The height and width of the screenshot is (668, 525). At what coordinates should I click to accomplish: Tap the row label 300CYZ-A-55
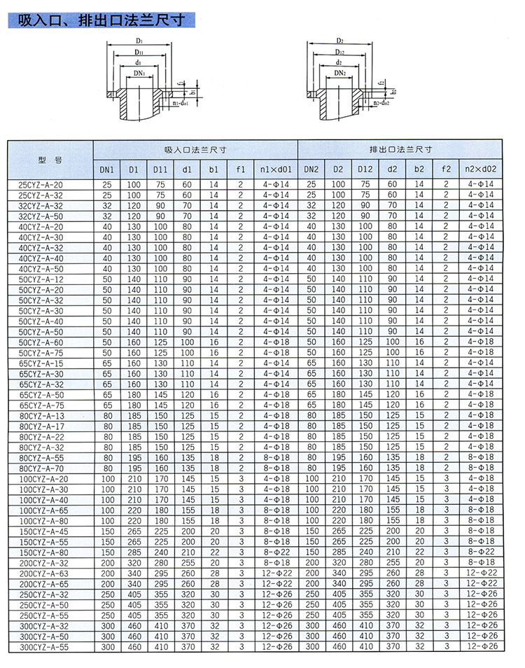point(44,647)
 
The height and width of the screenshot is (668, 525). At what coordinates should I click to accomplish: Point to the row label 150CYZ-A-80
point(44,552)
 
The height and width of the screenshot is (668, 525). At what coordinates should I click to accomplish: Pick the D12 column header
point(365,169)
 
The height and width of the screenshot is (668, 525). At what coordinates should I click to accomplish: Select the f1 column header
point(240,169)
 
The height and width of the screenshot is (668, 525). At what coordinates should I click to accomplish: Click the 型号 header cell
point(50,160)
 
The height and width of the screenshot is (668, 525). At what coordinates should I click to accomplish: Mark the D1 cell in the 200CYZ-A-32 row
point(134,562)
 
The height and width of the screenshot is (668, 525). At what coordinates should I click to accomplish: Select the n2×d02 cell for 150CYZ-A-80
point(481,552)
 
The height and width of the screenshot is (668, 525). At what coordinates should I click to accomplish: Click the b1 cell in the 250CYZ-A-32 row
point(213,594)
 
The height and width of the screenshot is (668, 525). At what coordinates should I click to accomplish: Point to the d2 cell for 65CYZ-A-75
point(392,405)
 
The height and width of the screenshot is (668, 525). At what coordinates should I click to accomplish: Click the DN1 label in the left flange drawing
point(139,72)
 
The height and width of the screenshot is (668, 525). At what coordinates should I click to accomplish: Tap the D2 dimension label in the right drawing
point(339,41)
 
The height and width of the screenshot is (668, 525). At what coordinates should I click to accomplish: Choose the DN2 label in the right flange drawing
point(339,72)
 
